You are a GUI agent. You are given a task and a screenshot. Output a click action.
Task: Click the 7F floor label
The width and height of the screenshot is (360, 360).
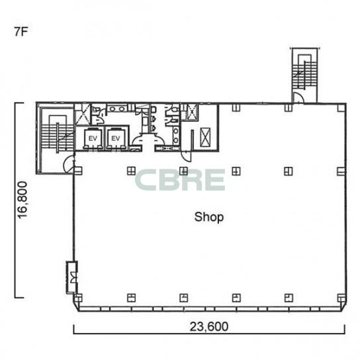click(x=21, y=32)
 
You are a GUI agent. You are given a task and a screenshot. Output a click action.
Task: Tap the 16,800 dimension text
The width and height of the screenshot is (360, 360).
click(x=22, y=200)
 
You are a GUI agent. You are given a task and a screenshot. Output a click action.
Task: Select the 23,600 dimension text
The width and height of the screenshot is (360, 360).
click(x=209, y=326)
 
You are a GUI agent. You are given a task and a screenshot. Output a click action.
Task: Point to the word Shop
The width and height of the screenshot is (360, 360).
click(x=209, y=217)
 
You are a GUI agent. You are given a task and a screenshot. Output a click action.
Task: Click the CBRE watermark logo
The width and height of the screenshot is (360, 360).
click(x=180, y=180)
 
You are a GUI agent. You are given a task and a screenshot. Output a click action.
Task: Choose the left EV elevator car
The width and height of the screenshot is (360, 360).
click(x=93, y=138)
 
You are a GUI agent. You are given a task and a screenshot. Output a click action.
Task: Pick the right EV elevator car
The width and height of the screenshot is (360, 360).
click(x=116, y=138)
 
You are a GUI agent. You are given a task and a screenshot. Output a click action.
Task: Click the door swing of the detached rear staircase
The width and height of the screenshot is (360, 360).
click(x=299, y=97)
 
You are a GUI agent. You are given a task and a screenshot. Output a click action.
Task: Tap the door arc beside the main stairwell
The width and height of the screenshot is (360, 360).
click(x=69, y=164)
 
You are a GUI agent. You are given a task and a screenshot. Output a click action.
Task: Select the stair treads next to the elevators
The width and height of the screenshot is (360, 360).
click(x=58, y=138)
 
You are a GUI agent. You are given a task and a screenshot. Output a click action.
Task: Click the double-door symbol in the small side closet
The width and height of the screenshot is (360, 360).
click(x=73, y=277)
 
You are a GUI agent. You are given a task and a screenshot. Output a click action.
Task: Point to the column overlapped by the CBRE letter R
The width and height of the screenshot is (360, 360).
click(x=184, y=171)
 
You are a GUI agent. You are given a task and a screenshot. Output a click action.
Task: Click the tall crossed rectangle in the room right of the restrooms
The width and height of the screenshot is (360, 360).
click(x=205, y=137)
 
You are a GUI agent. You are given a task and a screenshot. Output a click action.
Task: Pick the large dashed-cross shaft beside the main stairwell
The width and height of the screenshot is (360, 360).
click(x=82, y=114)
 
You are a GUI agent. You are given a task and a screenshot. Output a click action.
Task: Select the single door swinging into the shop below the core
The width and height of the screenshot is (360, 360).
click(x=186, y=156)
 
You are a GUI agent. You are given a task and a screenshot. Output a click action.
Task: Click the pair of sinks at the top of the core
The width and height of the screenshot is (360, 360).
click(x=117, y=109)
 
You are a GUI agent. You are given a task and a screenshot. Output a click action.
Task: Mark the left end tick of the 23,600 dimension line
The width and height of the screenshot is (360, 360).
click(x=73, y=330)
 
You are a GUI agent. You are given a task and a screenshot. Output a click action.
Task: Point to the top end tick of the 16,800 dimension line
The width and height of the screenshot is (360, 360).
click(x=19, y=103)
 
